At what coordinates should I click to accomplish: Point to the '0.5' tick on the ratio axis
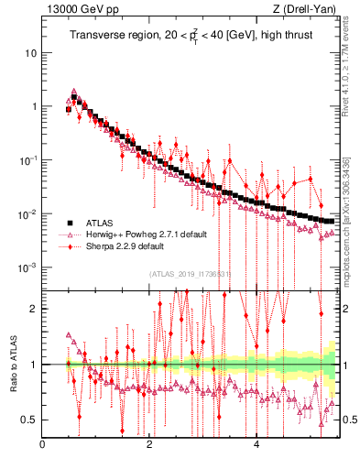pos(29,420)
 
